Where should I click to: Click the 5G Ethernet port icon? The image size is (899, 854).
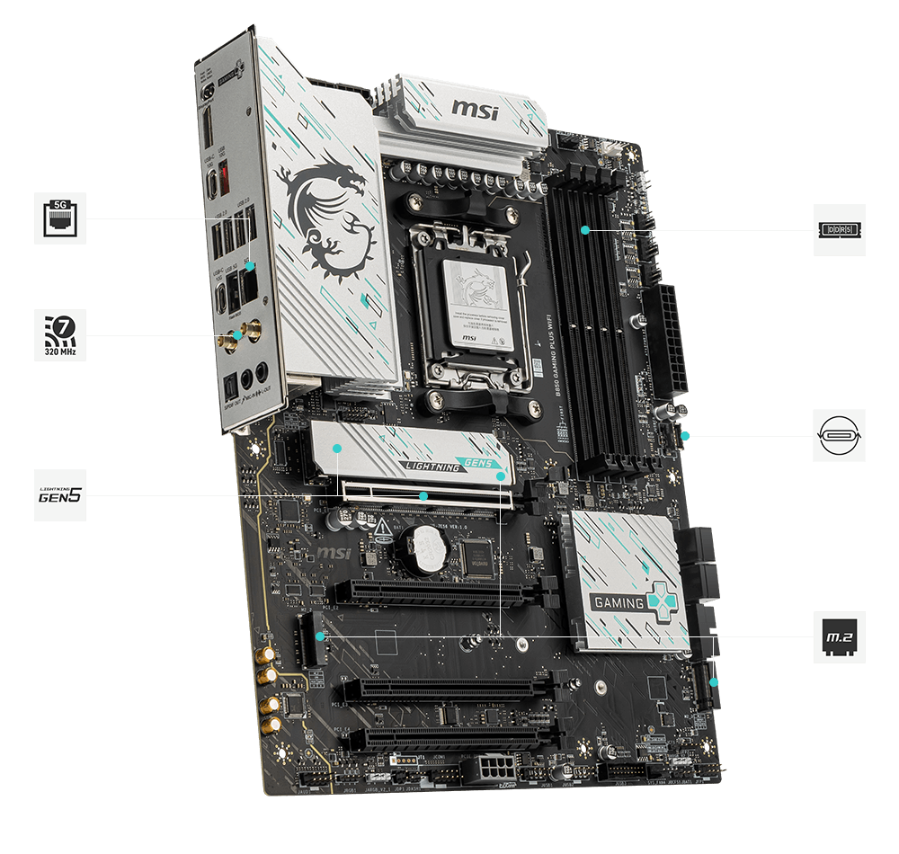tap(61, 218)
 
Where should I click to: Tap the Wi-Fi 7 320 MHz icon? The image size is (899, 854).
tap(61, 334)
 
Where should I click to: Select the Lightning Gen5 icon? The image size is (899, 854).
tap(61, 494)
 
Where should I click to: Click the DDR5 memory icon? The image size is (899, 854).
tap(840, 230)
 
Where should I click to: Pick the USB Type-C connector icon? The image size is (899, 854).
tap(840, 436)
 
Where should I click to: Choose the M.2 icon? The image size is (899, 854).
tap(840, 637)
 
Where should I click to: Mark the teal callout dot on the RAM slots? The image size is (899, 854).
tap(585, 230)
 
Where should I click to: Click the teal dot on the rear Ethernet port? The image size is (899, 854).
tap(251, 265)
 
